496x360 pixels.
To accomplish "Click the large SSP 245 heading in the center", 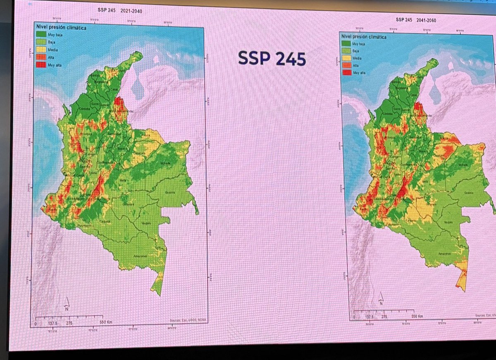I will point(272,58).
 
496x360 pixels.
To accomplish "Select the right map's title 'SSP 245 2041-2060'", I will point(416,19).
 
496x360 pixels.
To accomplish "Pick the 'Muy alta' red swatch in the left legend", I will point(41,65).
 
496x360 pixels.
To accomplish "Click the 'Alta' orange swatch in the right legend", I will point(346,65).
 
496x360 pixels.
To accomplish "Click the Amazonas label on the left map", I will point(140,256).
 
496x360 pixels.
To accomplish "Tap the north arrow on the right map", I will point(380,301).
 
